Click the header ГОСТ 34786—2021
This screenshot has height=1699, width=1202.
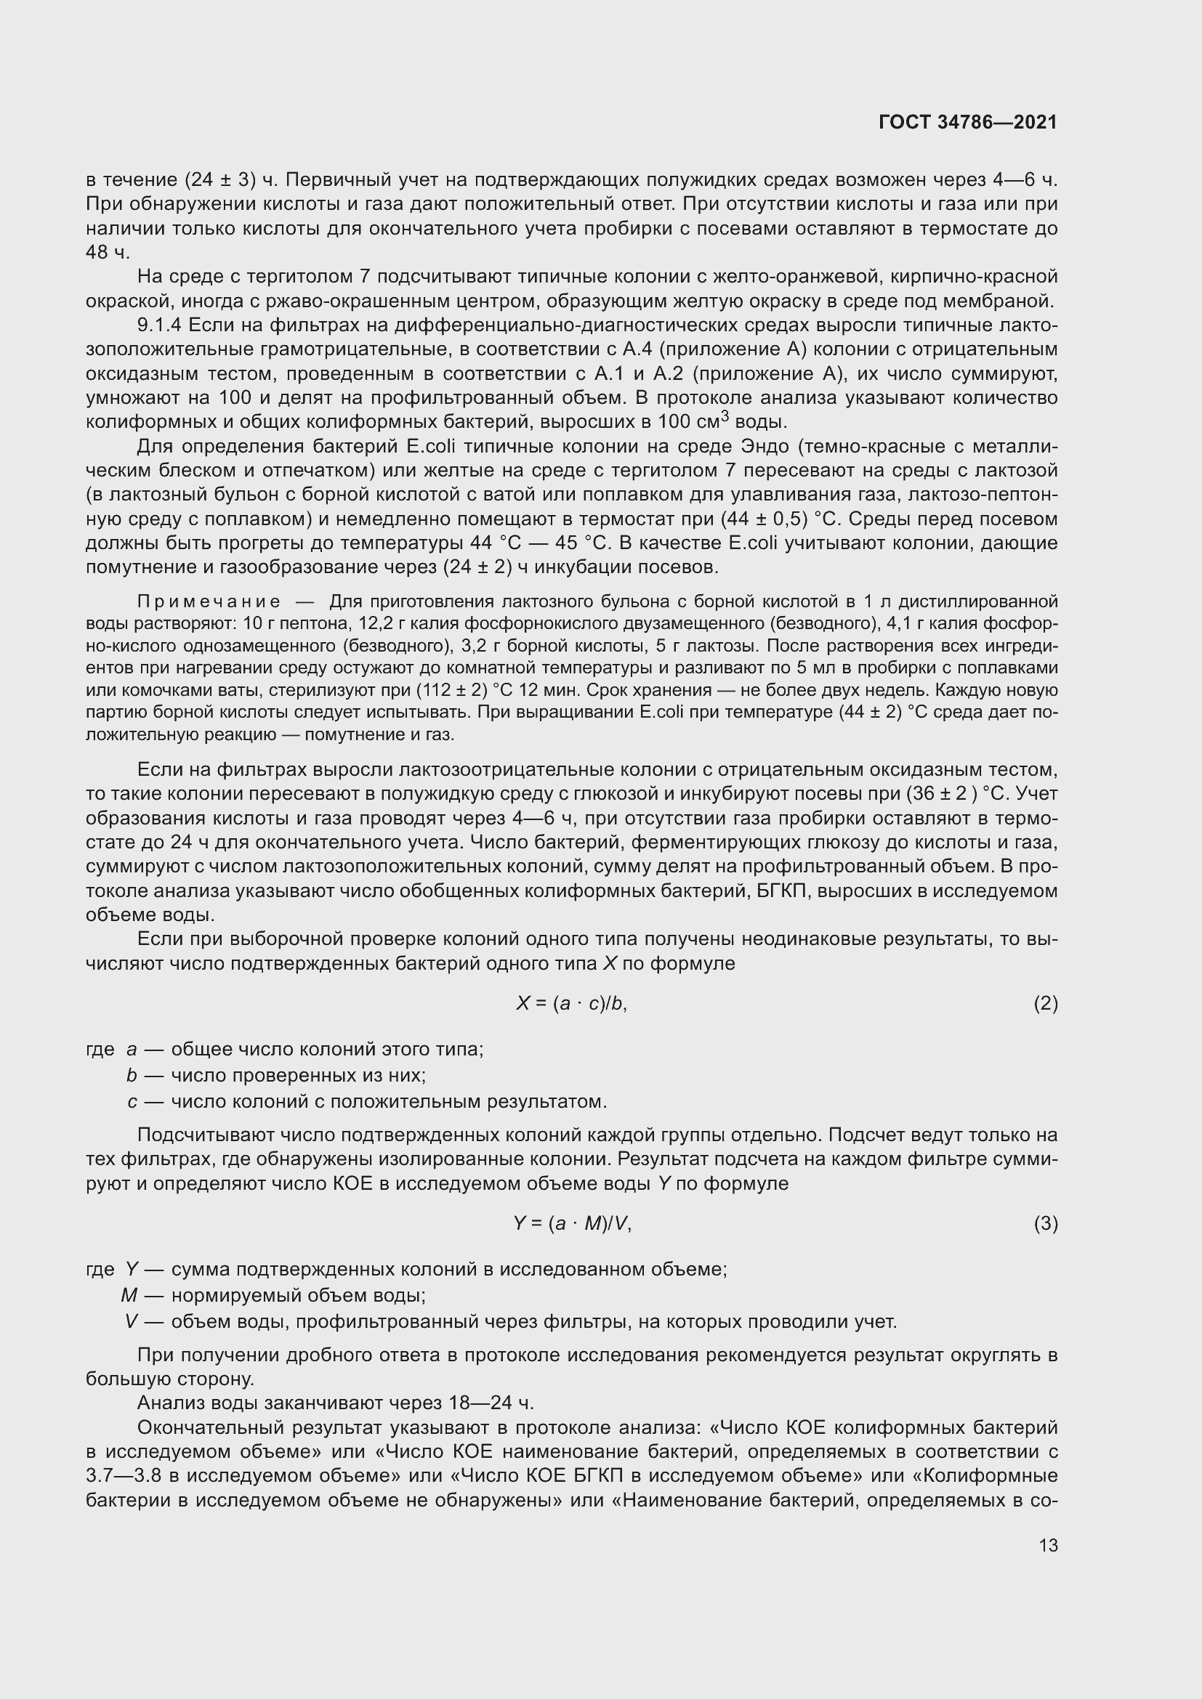tap(967, 122)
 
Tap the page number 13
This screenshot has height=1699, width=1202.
tap(1048, 1545)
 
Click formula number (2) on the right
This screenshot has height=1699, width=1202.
tap(1045, 1003)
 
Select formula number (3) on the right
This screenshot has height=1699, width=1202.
tap(1045, 1224)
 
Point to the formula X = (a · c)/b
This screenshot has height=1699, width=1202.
tap(571, 1003)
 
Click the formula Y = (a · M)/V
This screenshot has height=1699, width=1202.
tap(572, 1224)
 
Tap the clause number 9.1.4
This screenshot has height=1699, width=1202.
tap(160, 325)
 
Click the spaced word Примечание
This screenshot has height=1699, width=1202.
tap(209, 601)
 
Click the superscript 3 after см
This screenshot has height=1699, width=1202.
tap(725, 418)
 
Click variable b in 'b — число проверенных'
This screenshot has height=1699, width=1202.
tap(132, 1075)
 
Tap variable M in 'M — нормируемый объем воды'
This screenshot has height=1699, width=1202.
tap(129, 1296)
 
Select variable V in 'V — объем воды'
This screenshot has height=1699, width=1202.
tap(132, 1321)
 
